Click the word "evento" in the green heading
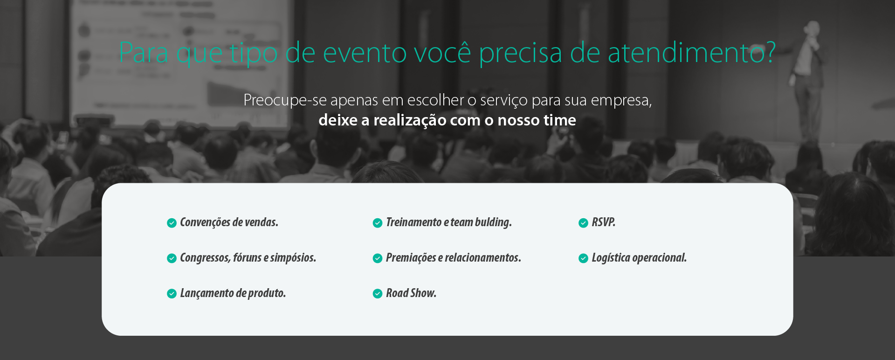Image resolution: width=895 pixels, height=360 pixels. [x=365, y=53]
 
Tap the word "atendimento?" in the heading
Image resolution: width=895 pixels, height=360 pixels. [x=692, y=52]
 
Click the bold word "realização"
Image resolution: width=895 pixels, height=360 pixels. [x=410, y=120]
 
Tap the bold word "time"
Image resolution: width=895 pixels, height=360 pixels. [x=559, y=120]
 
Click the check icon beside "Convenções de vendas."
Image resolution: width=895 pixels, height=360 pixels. [x=172, y=223]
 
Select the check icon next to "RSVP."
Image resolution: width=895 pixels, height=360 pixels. [x=583, y=223]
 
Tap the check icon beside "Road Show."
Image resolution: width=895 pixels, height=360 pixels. [x=378, y=293]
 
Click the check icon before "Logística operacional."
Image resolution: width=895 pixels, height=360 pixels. [x=583, y=258]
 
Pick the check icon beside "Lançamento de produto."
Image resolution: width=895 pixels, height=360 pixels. [x=172, y=293]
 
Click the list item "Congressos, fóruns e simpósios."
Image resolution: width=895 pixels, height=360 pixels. [x=248, y=258]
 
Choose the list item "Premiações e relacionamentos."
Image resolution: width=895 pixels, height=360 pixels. [x=454, y=258]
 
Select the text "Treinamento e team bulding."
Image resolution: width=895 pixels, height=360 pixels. [x=449, y=222]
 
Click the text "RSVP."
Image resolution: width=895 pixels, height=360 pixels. [x=604, y=222]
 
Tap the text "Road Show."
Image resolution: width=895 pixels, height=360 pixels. [x=411, y=293]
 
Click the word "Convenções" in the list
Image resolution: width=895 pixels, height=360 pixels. [x=205, y=222]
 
